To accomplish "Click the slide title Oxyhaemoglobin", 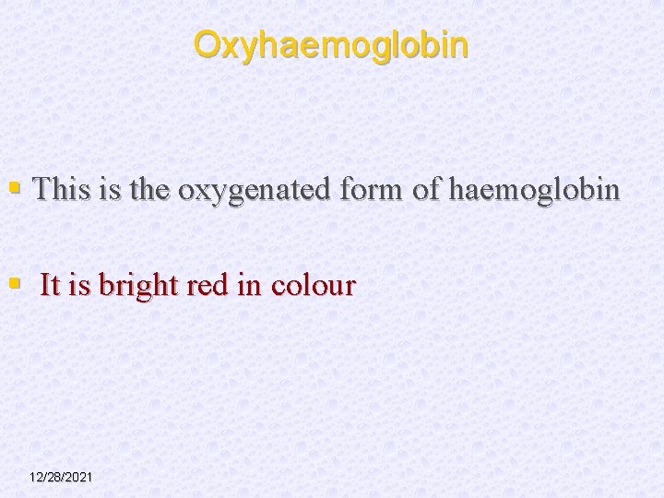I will point(331,44).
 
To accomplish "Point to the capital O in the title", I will point(207,44).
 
